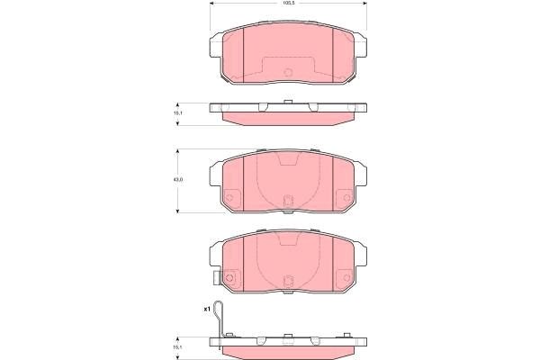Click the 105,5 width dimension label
[288, 4]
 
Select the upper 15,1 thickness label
[177, 112]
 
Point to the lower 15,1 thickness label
[177, 345]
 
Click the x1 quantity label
[206, 309]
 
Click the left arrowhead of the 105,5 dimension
[212, 4]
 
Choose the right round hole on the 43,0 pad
[346, 199]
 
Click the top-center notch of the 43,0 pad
[287, 160]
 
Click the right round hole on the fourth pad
[346, 277]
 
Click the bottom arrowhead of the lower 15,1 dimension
[177, 356]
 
